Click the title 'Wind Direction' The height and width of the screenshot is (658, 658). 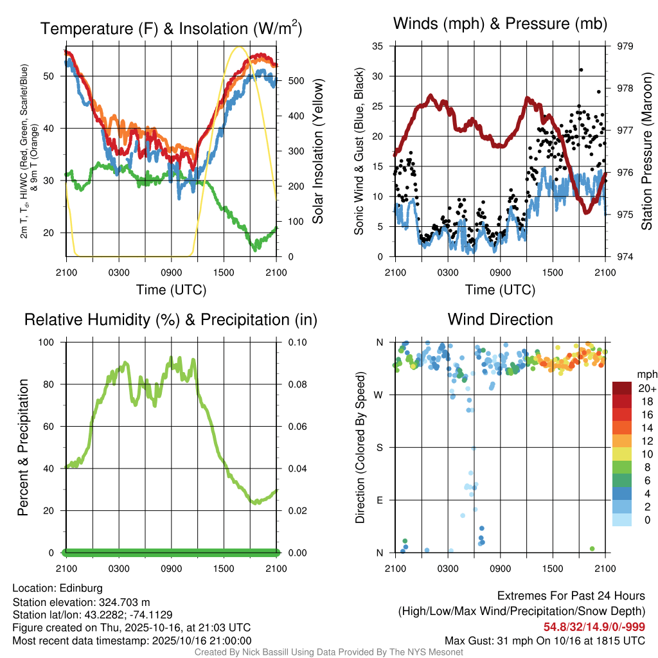point(500,319)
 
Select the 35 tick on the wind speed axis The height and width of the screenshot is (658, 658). point(378,46)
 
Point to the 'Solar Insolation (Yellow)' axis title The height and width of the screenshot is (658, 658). point(318,152)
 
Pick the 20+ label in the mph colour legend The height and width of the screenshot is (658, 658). point(647,388)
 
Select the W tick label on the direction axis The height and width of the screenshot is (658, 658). point(380,395)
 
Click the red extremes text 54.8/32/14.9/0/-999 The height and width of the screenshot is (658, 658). point(594,627)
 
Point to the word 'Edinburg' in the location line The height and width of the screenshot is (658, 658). point(81,588)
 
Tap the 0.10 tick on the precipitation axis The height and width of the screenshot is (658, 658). point(296,342)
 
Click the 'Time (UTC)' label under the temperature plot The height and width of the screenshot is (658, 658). point(171,290)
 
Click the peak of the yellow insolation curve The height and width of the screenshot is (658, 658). point(239,47)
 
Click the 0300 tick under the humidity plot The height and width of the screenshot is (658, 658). point(119,568)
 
